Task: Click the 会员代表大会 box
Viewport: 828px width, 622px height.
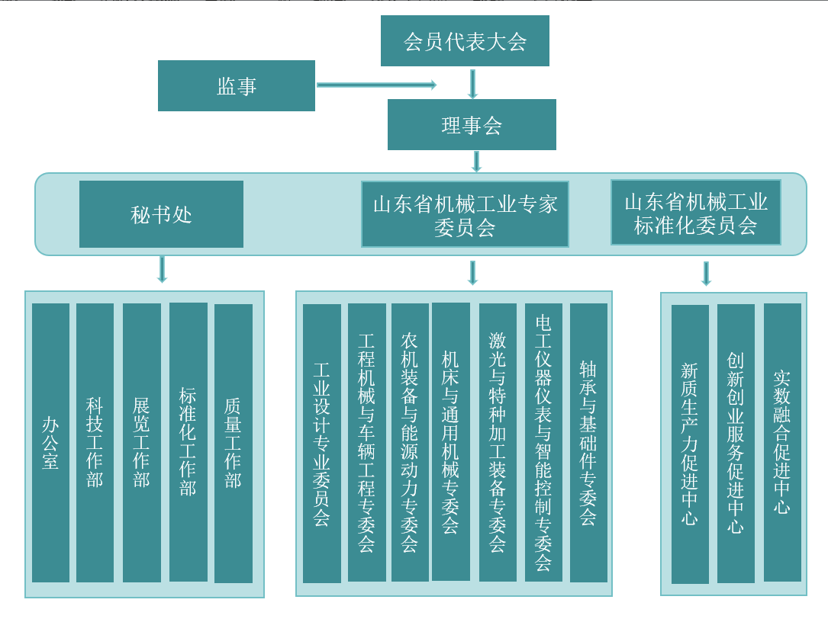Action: coord(465,41)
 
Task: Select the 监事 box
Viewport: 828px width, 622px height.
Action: coord(237,86)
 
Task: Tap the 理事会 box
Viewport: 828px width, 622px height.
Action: coord(472,125)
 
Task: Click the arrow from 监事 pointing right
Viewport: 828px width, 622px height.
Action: coord(376,85)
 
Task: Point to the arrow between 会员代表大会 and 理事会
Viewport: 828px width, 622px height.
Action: coord(472,84)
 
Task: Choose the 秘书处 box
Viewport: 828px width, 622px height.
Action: coord(161,214)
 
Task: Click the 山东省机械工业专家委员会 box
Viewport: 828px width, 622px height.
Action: coord(465,214)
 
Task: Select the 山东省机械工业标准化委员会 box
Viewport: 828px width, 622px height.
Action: coord(695,213)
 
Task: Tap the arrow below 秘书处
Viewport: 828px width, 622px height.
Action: coord(162,269)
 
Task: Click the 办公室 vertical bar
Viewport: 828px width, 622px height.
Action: coord(50,442)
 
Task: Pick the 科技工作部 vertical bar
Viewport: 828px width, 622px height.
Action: coord(95,442)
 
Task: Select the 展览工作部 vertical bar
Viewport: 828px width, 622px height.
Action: coord(142,442)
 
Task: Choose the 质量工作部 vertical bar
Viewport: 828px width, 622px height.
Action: coord(234,443)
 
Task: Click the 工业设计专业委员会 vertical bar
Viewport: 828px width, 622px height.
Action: coord(322,443)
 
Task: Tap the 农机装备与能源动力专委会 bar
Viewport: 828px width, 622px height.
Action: coord(410,442)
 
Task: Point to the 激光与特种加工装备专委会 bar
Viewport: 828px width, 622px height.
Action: coord(498,442)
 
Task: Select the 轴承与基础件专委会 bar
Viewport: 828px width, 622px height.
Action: coord(588,442)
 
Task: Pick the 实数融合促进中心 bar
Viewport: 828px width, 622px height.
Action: coord(782,442)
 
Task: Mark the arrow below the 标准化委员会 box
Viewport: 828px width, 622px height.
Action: coord(706,273)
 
